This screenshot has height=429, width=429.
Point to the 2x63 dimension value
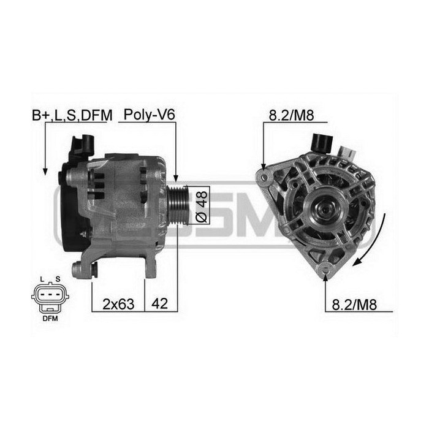(117, 302)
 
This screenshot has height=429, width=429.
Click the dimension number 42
(161, 302)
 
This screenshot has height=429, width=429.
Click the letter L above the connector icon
(42, 280)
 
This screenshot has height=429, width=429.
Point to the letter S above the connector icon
(58, 280)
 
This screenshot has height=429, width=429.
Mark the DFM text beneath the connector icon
(50, 319)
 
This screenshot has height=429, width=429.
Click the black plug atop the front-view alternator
(321, 142)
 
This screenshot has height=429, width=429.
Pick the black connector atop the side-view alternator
(83, 146)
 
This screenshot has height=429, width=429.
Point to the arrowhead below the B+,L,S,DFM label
(45, 174)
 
